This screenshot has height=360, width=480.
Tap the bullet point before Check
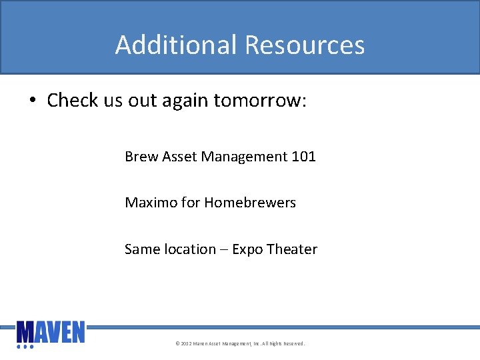pos(32,101)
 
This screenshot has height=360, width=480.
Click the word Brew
pos(141,157)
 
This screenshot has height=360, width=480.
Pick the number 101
pos(303,157)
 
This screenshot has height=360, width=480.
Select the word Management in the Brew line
pos(244,157)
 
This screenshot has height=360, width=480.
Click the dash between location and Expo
pos(224,250)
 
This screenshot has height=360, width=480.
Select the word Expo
pos(247,250)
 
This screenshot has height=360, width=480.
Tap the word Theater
pos(292,249)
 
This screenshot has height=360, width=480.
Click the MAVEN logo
pos(51,331)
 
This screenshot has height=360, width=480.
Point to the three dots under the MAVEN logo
pos(24,347)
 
